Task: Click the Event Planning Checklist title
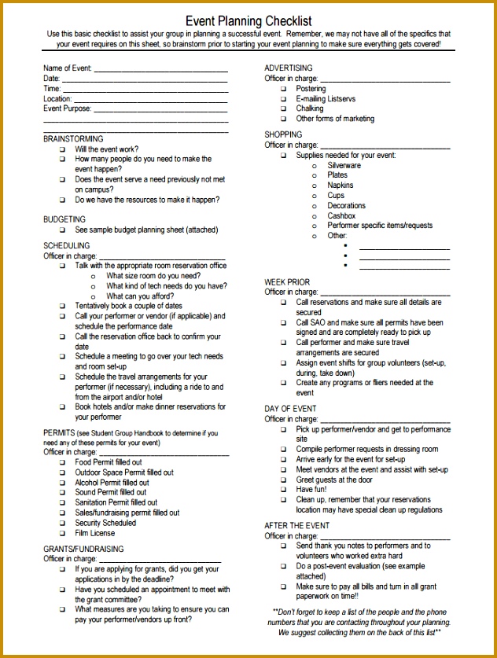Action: (248, 21)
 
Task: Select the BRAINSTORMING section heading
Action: (73, 139)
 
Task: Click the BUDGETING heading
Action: (64, 219)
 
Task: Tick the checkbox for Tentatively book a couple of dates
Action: (62, 307)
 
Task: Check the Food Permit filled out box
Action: (62, 462)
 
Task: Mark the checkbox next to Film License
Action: (62, 534)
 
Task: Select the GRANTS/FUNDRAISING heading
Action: (83, 549)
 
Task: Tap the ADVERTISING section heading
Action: (289, 68)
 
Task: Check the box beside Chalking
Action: (283, 109)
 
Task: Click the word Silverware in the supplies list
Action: (344, 166)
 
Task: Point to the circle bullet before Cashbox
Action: (315, 216)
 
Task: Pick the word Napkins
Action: (341, 186)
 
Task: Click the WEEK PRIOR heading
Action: (287, 282)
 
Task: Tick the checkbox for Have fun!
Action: (283, 490)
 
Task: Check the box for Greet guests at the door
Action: (283, 480)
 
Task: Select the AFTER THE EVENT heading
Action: (297, 526)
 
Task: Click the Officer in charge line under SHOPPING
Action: (385, 146)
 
